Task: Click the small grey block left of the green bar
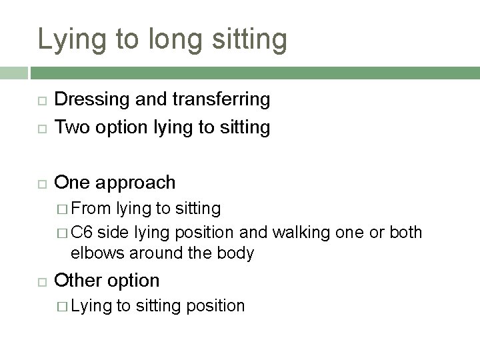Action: tap(13, 71)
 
